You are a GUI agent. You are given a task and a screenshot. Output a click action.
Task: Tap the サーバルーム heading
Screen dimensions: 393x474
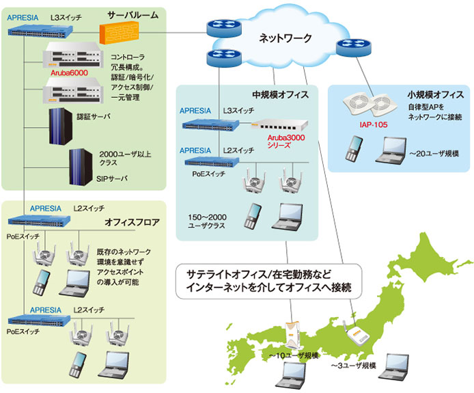[134, 14]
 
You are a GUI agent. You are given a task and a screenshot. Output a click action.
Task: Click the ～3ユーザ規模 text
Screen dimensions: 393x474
[352, 366]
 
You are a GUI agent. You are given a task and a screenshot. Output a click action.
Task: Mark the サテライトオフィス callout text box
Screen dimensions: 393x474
[268, 281]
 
